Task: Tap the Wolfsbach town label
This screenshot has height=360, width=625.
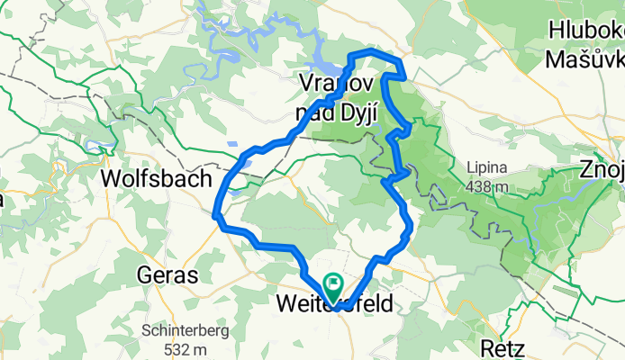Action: pyautogui.click(x=157, y=177)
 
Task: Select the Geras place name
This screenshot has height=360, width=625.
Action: pyautogui.click(x=168, y=274)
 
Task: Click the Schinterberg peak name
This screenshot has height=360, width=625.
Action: pyautogui.click(x=184, y=330)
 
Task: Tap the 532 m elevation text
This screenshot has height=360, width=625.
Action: pyautogui.click(x=184, y=348)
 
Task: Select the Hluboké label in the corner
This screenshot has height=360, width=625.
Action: pyautogui.click(x=585, y=33)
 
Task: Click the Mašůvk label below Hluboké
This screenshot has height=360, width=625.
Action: pyautogui.click(x=585, y=59)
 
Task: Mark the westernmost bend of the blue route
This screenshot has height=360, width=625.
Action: pyautogui.click(x=215, y=214)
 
